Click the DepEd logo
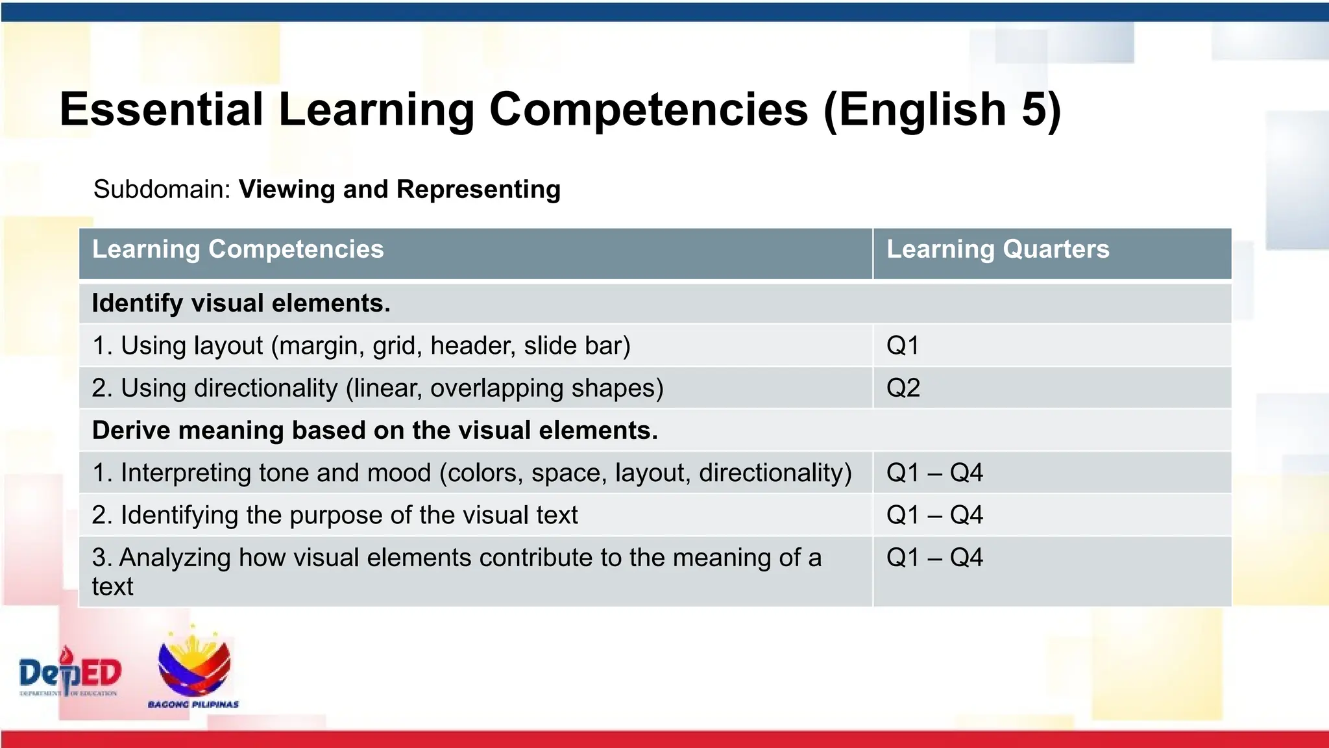tap(70, 673)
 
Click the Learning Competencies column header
tap(238, 249)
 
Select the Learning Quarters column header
tap(997, 249)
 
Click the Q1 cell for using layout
tap(903, 345)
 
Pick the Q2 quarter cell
tap(903, 388)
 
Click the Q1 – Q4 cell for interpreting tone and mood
tap(934, 473)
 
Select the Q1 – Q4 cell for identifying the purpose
tap(934, 516)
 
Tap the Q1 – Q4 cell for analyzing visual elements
tap(934, 558)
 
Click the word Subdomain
tap(162, 190)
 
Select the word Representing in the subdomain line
tap(478, 190)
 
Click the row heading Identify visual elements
tap(241, 303)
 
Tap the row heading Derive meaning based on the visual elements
tap(375, 430)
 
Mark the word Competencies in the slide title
tap(648, 109)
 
